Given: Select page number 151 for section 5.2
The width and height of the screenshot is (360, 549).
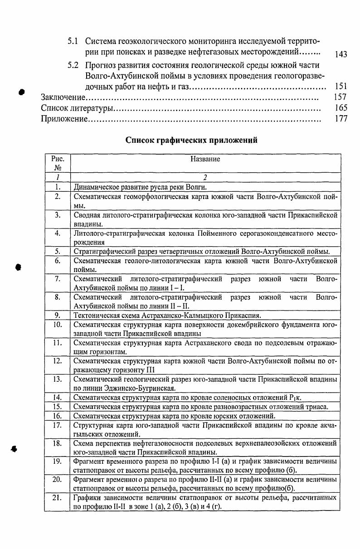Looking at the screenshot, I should (341, 86).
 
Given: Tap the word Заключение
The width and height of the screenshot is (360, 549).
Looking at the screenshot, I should (63, 97).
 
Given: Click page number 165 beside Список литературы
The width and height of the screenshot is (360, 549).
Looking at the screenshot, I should (341, 108).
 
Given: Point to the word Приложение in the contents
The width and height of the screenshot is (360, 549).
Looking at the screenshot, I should (64, 119).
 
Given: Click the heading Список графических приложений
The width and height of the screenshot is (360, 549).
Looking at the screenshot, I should (191, 140).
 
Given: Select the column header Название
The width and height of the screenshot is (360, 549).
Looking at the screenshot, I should (205, 159).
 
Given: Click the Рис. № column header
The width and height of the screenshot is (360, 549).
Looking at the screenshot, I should (58, 163).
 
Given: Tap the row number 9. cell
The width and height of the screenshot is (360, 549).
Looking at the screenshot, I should (58, 315).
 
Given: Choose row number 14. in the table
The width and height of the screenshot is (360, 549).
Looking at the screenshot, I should (58, 398).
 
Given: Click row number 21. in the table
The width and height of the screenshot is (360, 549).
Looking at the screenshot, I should (58, 498).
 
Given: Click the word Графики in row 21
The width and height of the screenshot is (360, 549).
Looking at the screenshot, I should (86, 498).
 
